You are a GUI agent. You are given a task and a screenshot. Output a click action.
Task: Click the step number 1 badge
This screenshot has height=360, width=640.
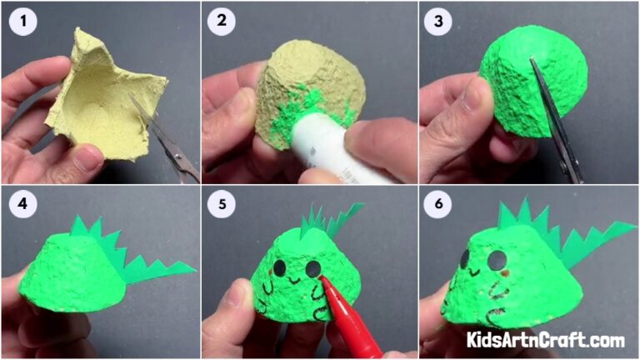(22, 22)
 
